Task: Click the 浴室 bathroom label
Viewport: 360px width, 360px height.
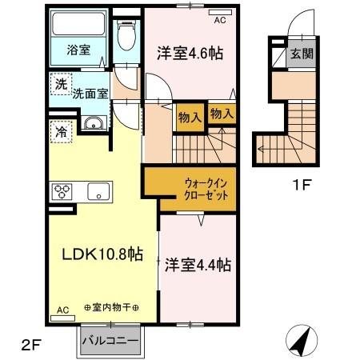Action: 78,50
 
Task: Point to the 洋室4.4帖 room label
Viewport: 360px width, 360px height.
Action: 199,263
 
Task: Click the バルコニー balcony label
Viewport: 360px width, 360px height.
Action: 111,341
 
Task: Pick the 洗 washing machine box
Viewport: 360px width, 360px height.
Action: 61,83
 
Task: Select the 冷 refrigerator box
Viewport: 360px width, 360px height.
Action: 61,131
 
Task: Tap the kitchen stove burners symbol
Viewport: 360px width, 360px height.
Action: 62,192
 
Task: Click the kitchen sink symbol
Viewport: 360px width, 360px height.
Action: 99,192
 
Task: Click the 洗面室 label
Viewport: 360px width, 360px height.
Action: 90,92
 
